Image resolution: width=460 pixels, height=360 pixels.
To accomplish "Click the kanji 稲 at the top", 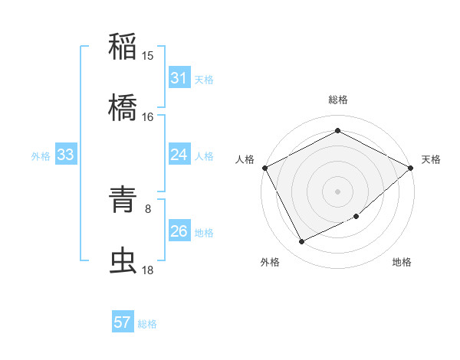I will (x=123, y=46).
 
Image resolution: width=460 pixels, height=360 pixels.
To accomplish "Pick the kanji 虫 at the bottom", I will (x=123, y=260).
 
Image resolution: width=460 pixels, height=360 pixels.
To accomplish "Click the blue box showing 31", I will (x=179, y=78).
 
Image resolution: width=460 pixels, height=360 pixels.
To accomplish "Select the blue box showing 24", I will (x=179, y=155).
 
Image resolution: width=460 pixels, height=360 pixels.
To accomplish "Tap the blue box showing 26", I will (x=179, y=232).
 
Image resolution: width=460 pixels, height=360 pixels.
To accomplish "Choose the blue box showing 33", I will (x=65, y=155).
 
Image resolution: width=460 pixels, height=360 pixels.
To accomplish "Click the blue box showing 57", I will (x=123, y=323).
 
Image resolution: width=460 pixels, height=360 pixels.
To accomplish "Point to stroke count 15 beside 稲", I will (x=148, y=56).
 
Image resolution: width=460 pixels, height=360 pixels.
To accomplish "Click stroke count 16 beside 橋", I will (x=148, y=117).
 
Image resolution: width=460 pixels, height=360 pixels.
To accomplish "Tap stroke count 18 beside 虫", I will (x=148, y=270).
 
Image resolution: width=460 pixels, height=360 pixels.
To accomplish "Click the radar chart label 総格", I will (x=338, y=100).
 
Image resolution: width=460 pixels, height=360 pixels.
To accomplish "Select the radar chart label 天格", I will (x=431, y=159).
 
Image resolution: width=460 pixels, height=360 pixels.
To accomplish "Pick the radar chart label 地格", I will (x=402, y=263).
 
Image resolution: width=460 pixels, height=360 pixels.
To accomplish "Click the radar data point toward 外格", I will (x=302, y=242).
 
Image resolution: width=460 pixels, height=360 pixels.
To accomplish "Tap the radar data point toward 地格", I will (x=356, y=217).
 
